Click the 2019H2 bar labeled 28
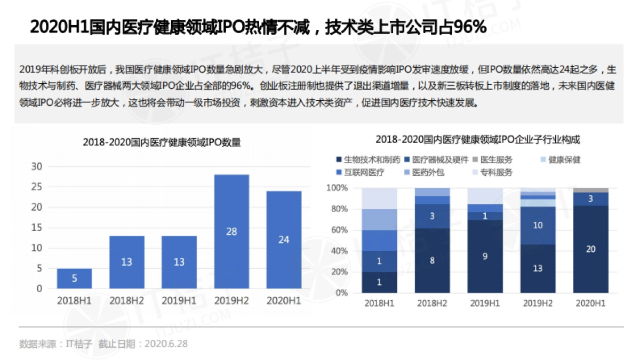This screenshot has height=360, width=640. coord(231,231)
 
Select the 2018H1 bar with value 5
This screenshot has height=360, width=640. coord(74,278)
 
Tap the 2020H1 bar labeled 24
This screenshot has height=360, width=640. coord(284,239)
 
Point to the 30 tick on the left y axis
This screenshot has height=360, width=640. coord(37,166)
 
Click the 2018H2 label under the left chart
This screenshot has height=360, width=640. coord(127,301)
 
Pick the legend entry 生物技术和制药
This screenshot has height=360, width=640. coord(368,159)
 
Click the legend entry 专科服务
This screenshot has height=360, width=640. coord(496,172)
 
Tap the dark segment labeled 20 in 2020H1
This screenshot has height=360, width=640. coord(591,249)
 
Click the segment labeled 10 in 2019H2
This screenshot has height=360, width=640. coord(538,226)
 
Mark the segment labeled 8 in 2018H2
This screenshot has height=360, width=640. coord(432,261)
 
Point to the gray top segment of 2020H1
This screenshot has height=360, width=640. coord(591,190)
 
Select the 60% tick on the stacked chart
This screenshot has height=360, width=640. coord(337,230)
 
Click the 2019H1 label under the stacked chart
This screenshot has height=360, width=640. coord(484,303)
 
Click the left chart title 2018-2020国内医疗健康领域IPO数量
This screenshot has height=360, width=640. coord(162,142)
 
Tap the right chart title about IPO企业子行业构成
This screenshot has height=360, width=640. coord(478,139)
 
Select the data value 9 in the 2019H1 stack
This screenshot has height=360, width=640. coord(485,256)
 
